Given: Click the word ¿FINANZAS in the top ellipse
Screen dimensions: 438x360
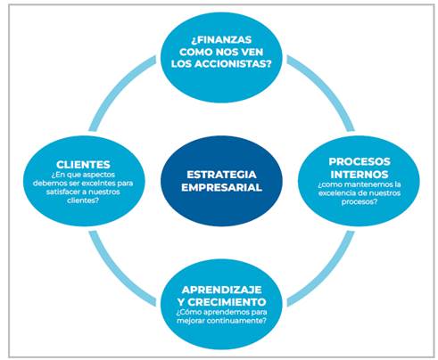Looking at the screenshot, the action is coord(221,39).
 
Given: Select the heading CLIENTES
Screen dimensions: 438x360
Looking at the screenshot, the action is coord(83,165).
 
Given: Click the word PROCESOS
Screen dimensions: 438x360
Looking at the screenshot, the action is coord(359,161).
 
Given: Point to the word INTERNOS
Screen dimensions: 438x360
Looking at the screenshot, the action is coord(359,174).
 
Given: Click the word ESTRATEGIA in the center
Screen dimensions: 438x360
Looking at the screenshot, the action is coord(221,175).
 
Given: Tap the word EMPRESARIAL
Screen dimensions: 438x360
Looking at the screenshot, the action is coord(221,187).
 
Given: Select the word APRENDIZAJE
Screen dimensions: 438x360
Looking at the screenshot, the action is coord(222,290).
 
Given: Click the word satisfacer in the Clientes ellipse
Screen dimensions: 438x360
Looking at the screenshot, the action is coord(60,192).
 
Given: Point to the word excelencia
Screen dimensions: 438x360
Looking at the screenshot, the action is coord(333,193).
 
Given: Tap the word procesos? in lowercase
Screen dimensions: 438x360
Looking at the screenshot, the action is coord(359,202).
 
